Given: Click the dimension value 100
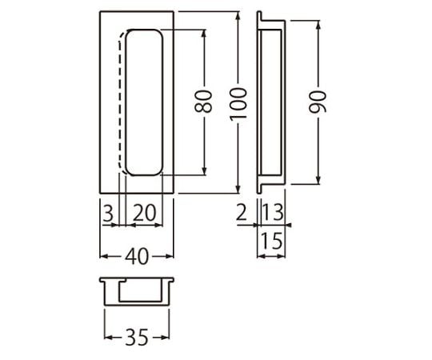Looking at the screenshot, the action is pos(238,104).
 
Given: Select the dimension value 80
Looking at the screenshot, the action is pos(203,101).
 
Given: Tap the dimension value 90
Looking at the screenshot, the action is pos(318,102).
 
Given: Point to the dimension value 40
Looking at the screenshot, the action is pos(137,257).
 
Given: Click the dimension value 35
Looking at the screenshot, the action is pos(137,337).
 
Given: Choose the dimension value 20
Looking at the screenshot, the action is pos(144,213).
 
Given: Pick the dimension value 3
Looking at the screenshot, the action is pos(108,213).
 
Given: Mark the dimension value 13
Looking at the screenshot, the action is pos(272,212).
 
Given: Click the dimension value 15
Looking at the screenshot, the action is pos(272,241).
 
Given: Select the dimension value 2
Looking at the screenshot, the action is pos(242,212).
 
